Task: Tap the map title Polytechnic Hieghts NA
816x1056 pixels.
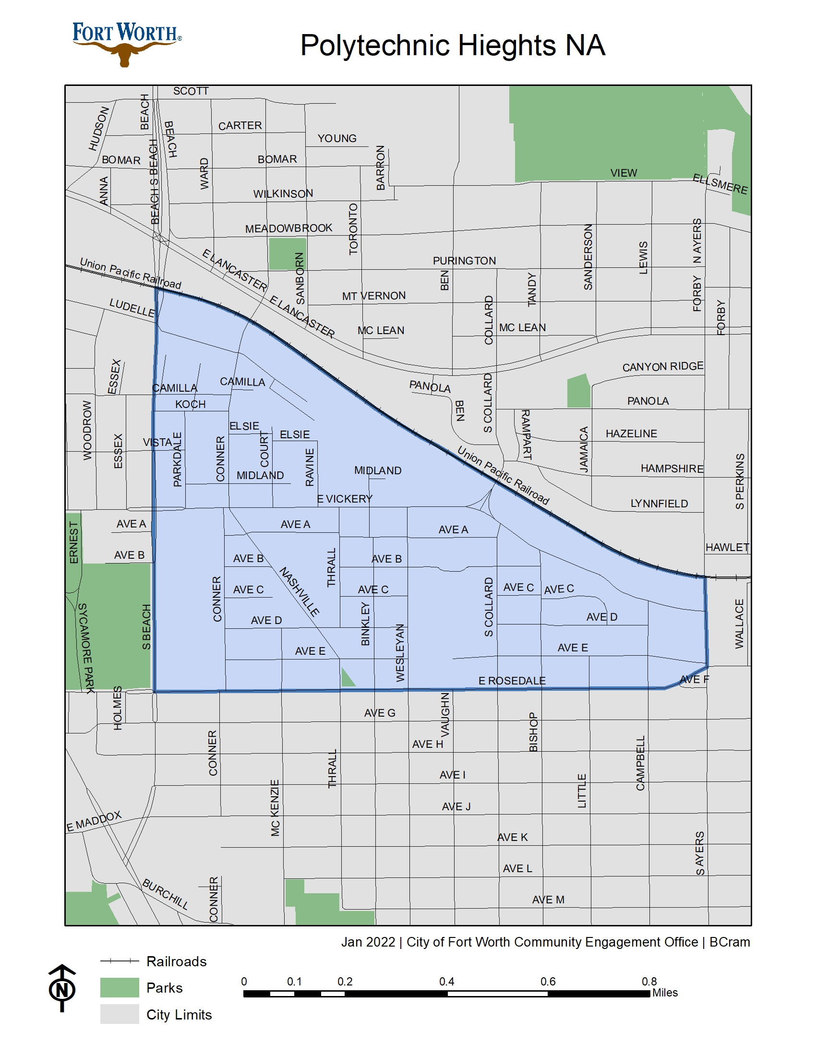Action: [x=453, y=46]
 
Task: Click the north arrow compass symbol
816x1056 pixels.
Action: [x=62, y=988]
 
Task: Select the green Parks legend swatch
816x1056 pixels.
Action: [x=120, y=987]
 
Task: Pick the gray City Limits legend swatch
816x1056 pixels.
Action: [x=120, y=1014]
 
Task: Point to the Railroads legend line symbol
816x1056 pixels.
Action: [x=120, y=961]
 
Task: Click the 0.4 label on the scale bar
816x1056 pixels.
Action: [x=446, y=982]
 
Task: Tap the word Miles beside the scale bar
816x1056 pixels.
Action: [x=665, y=993]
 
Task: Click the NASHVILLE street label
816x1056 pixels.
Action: [x=299, y=592]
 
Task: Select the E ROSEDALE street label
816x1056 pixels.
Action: [x=512, y=681]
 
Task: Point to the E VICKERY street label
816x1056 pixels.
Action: [x=345, y=499]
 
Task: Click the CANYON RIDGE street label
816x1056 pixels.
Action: [x=662, y=367]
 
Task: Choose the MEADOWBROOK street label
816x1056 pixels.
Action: [x=288, y=228]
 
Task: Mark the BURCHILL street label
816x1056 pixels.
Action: [x=165, y=894]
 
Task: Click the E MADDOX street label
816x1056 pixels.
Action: [x=94, y=821]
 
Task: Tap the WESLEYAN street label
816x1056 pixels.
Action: [x=400, y=653]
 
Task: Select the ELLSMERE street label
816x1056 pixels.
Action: [x=720, y=184]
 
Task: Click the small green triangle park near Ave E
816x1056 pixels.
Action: [x=347, y=678]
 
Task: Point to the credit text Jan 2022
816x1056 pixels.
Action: [x=368, y=942]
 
